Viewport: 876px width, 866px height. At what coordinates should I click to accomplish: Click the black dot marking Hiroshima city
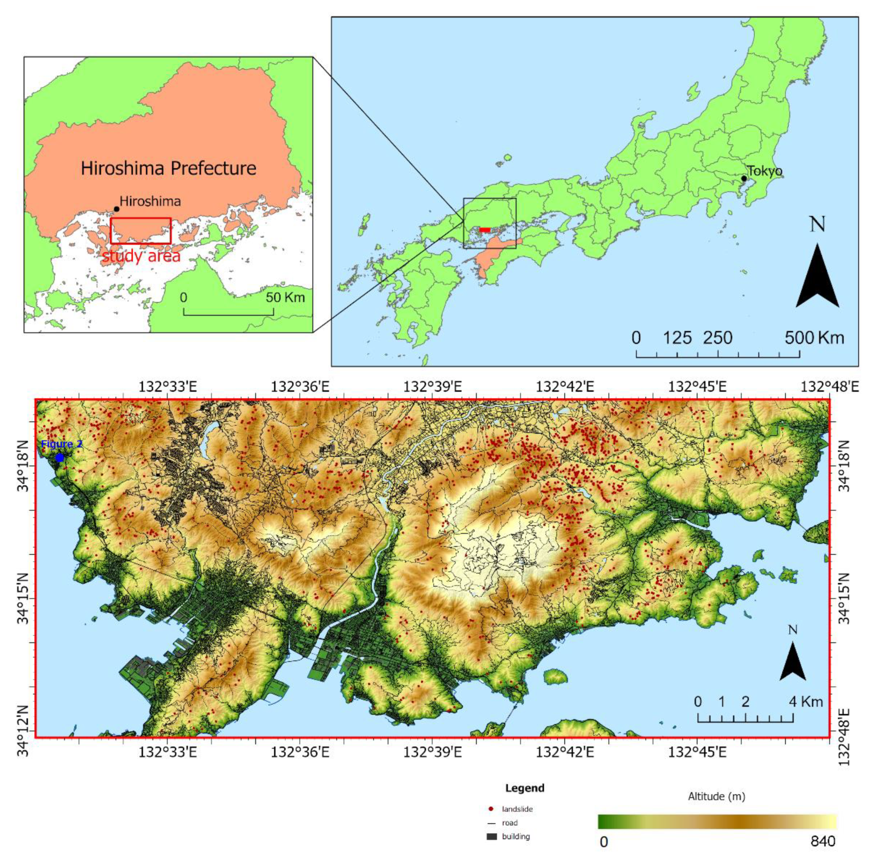tap(117, 209)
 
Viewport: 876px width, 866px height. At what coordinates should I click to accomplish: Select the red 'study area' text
tap(141, 256)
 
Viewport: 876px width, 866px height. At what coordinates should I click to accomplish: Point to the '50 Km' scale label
tap(285, 298)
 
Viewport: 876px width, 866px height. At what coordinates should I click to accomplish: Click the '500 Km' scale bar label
tap(814, 338)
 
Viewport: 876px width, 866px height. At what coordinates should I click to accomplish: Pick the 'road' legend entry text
tap(510, 823)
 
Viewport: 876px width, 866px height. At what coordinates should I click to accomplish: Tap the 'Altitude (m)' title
tap(716, 796)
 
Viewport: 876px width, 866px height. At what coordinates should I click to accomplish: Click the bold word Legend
tap(525, 788)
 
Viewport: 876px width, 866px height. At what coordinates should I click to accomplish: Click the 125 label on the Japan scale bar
tap(677, 338)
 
